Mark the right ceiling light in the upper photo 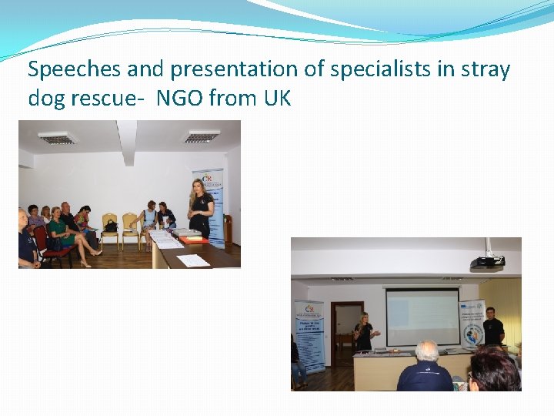click(201, 137)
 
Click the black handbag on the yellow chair click(111, 226)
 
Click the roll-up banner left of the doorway click(309, 336)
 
